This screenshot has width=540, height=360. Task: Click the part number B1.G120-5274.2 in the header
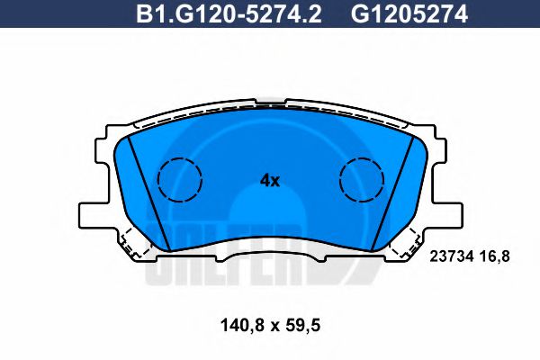click(229, 14)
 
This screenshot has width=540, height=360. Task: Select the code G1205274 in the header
click(409, 14)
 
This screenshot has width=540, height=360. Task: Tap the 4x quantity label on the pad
click(270, 180)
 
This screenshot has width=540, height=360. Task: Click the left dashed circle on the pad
click(180, 180)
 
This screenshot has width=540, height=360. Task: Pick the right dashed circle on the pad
click(361, 180)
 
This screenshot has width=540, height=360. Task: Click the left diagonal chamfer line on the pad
click(148, 193)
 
